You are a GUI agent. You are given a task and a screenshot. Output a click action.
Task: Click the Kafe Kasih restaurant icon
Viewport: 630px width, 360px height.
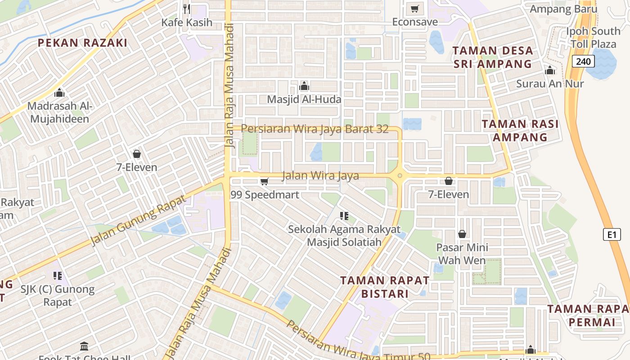click(x=187, y=9)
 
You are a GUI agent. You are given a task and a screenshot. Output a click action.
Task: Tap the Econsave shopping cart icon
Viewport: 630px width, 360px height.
click(x=415, y=9)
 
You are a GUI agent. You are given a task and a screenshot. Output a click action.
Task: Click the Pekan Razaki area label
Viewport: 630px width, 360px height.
click(x=82, y=43)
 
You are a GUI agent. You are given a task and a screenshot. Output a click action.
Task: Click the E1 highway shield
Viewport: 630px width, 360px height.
click(x=611, y=234)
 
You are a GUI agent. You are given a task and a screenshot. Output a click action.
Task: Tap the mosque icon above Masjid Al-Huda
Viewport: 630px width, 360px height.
click(x=304, y=85)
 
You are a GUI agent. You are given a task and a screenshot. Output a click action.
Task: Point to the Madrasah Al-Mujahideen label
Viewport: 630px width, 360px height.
click(x=59, y=112)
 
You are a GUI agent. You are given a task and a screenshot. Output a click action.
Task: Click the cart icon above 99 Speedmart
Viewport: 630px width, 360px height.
click(x=265, y=181)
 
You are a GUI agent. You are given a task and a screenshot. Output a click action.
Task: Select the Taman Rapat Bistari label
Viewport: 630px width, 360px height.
click(x=385, y=287)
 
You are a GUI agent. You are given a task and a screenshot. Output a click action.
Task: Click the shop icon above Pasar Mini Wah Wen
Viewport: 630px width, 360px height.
click(x=462, y=234)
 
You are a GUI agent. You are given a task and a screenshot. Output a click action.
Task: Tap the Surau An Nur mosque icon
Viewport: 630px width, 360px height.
click(x=549, y=70)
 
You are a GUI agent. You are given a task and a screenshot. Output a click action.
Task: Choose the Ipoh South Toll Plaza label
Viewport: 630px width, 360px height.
click(x=593, y=38)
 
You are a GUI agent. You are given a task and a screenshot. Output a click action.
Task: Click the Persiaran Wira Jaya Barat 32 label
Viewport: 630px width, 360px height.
click(x=315, y=129)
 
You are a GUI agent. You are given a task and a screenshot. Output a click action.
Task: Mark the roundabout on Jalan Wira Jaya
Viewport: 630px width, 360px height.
click(x=400, y=175)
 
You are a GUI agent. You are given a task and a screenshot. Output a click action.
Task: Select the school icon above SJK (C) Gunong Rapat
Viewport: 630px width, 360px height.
click(x=57, y=275)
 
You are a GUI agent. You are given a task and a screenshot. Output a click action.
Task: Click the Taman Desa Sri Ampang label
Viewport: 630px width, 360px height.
click(x=493, y=57)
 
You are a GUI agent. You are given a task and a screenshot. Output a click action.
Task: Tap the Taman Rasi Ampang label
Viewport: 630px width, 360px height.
click(x=520, y=130)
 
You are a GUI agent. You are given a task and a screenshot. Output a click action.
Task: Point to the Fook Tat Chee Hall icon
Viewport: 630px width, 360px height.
click(x=84, y=346)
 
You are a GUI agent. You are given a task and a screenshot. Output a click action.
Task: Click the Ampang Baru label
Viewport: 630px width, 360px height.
click(x=563, y=9)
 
